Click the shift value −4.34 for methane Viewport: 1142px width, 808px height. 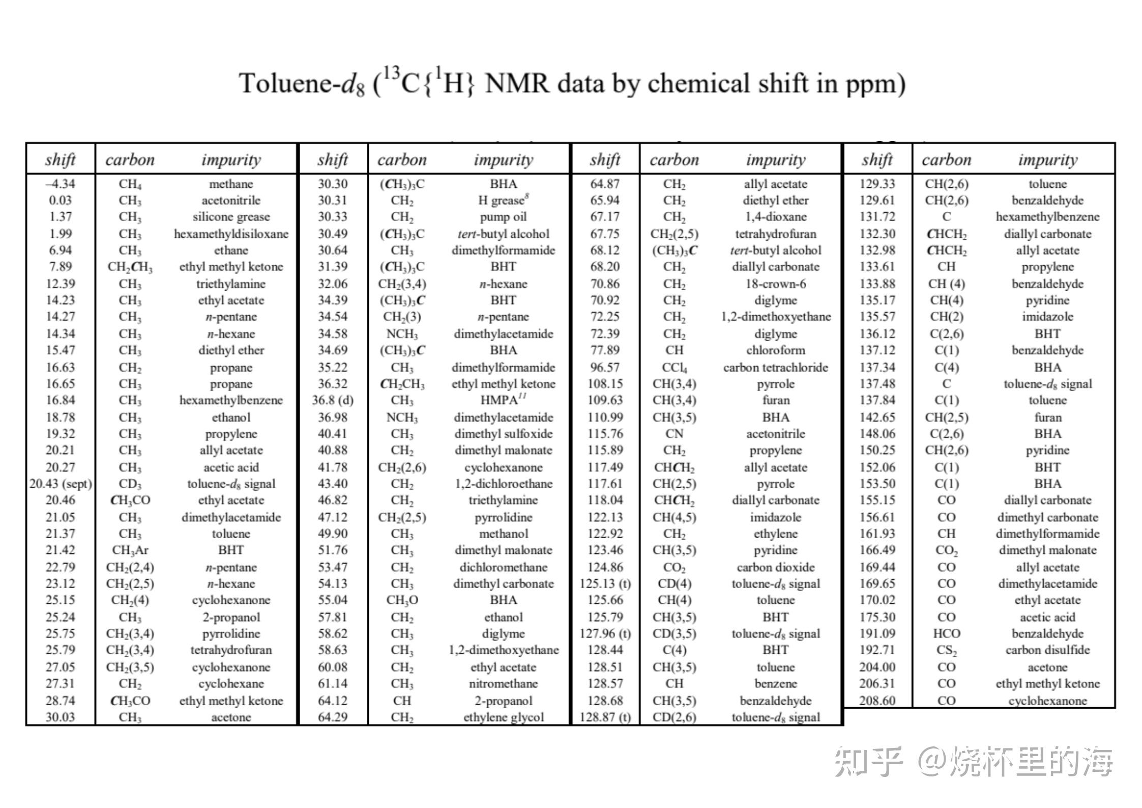pos(60,184)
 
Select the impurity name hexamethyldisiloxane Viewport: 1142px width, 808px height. pos(231,234)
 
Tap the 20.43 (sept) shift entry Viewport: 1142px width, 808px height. pos(61,484)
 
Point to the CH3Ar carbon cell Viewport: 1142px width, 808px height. pos(130,550)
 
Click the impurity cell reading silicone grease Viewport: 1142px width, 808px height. pos(231,217)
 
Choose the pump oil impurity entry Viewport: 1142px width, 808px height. pos(503,217)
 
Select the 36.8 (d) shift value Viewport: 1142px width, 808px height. pos(333,400)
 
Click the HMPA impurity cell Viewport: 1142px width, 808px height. pos(503,400)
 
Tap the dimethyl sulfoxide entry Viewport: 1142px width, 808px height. pos(503,434)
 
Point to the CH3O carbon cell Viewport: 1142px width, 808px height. pos(402,600)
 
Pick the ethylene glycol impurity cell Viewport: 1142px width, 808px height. pos(503,717)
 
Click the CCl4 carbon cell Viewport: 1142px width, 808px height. pos(674,368)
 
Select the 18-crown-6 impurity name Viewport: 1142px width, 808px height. pos(775,284)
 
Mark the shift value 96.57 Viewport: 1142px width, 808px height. pos(605,368)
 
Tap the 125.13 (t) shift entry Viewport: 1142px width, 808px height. pos(605,584)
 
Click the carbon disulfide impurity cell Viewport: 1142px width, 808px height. pos(1047,650)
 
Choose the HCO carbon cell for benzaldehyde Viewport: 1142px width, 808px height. pos(946,634)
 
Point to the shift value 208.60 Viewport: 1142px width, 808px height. pos(877,701)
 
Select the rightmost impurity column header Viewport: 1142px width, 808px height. pos(1047,160)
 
